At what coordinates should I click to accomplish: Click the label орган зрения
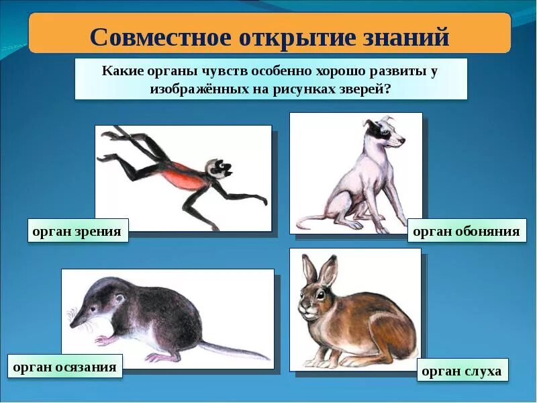pos(78,231)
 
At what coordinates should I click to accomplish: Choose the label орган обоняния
pos(467,231)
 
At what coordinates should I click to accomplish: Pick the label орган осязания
pos(65,367)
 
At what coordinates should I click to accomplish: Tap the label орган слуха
pos(461,371)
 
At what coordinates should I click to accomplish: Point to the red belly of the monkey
pos(183,177)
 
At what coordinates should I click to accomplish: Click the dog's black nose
pos(403,142)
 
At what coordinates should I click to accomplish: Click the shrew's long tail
pos(235,351)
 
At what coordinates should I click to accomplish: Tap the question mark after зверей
pos(387,89)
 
